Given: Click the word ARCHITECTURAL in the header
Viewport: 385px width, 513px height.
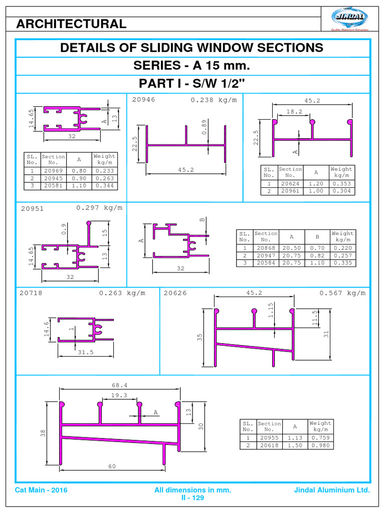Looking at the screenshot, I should coord(72,24).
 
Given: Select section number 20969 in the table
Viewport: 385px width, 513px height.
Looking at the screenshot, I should coord(53,171).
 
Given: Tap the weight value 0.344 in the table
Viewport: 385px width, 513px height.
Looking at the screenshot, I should coord(104,186).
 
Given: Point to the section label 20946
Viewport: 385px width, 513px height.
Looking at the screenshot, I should coord(143,100).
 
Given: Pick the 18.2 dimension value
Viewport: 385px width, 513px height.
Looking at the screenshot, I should coord(294,112).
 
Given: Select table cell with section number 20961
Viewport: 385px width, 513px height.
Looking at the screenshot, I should coord(290,191).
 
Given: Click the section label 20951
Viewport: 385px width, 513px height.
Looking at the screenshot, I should coord(32,209).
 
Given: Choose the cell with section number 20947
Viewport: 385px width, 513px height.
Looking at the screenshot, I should coord(266,255).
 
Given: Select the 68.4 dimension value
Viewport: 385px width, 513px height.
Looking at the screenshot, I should coord(119,385).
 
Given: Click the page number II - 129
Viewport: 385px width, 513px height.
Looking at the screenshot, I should coord(192,498).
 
